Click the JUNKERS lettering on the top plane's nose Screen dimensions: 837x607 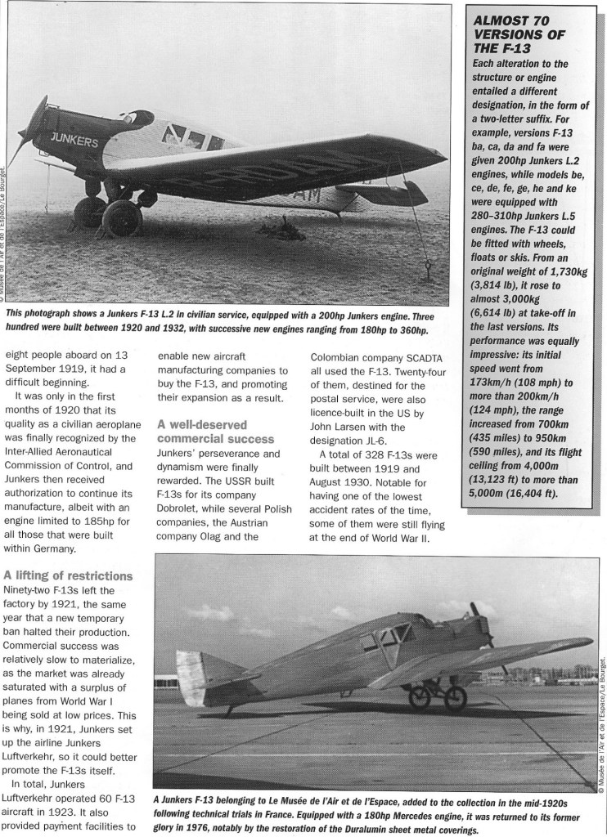(x=74, y=140)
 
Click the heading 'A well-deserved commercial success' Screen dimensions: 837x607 (x=200, y=432)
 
